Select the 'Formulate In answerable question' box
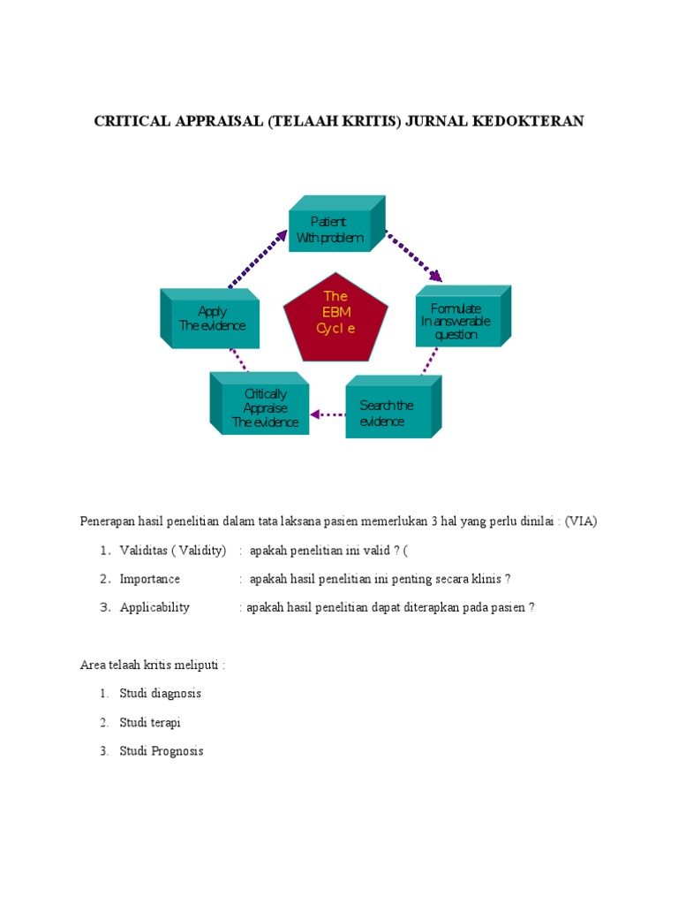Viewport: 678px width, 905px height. pos(456,321)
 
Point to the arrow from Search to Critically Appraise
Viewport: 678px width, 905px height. pos(328,414)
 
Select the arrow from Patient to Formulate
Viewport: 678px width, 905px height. pos(413,255)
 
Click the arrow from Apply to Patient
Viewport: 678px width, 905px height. pos(258,258)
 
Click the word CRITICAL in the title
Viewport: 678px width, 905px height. pos(134,121)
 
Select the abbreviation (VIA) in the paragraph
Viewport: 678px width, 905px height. pos(582,521)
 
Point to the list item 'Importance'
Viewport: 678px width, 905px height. pos(150,579)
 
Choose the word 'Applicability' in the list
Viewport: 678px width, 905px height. pos(154,607)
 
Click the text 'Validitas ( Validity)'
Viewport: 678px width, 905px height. pos(173,551)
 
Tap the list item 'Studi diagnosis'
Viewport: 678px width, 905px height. pos(161,693)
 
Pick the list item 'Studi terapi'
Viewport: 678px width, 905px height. pos(150,722)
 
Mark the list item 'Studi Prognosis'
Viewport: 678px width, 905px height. pos(162,751)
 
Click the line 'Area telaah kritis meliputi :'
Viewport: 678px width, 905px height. pos(152,665)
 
